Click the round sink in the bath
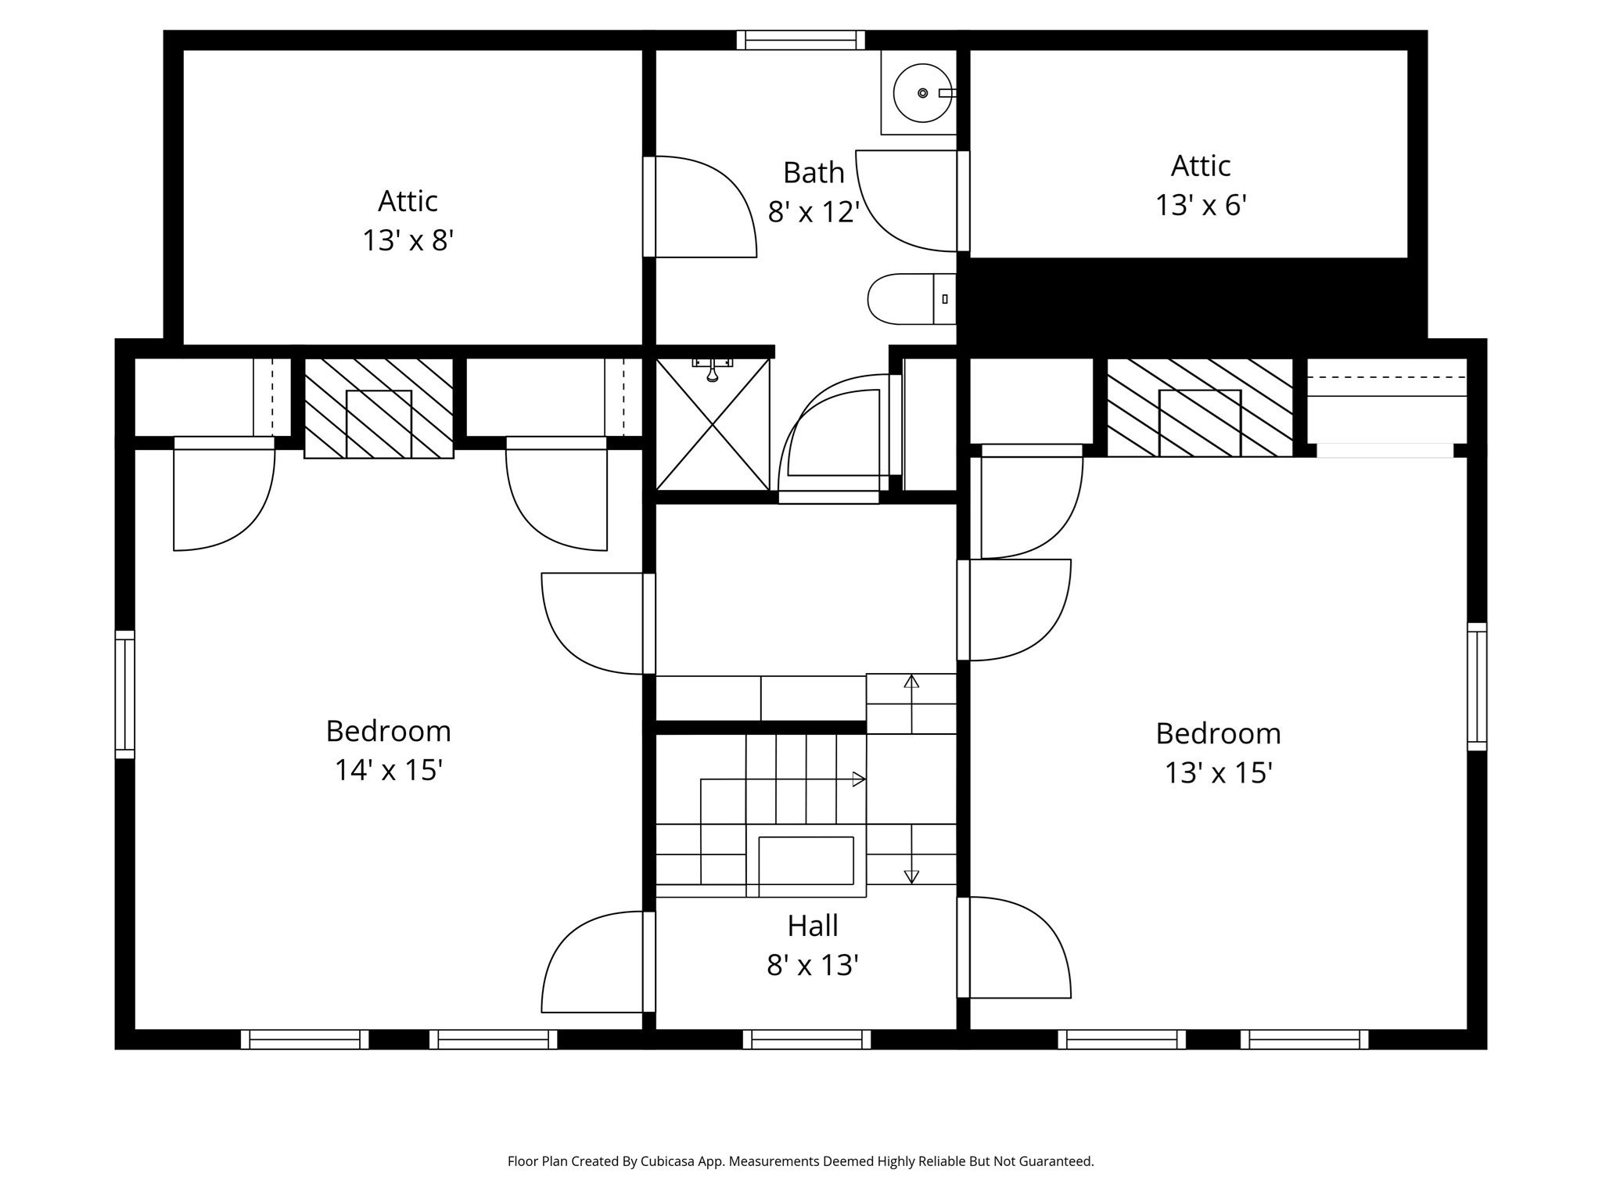coord(922,93)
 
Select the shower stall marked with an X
coord(712,424)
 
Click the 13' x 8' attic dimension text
coord(408,240)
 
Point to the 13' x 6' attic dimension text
coord(1200,206)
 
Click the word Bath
coord(814,173)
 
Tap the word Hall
coord(812,926)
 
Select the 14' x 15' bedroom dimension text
coord(389,770)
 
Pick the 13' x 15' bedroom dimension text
coord(1218,773)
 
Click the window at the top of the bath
coord(800,40)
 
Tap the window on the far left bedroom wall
coord(125,694)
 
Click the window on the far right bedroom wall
coord(1476,686)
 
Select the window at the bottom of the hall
coord(806,1039)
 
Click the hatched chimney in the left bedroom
coord(379,408)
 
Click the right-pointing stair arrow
coord(858,779)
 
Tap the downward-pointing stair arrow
coord(911,876)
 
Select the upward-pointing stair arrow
coord(911,682)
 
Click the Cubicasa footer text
coord(800,1161)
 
